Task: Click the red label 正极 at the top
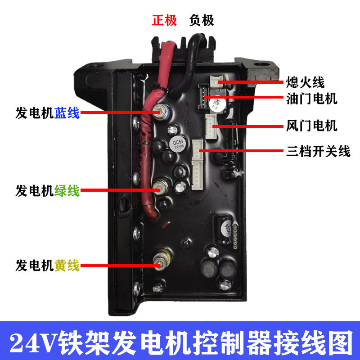point(164,21)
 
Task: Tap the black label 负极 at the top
point(202,21)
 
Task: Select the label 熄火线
point(305,83)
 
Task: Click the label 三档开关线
point(318,151)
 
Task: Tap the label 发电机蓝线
point(47,112)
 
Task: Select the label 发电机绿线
point(47,191)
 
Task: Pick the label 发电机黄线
point(47,265)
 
